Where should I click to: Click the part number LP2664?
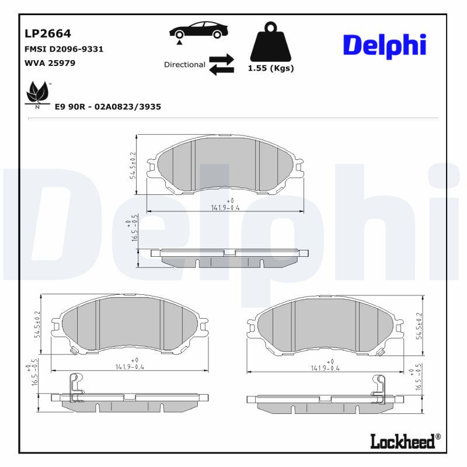[x=47, y=33]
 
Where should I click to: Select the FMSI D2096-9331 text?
[x=64, y=49]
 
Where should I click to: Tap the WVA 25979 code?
[x=50, y=62]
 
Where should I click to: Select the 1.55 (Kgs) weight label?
[x=271, y=68]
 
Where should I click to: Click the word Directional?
[x=184, y=65]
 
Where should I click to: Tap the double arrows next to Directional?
[x=221, y=65]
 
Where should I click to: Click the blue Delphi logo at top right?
[x=384, y=46]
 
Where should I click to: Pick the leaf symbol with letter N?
[x=39, y=94]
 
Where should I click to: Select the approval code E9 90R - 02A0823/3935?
[x=107, y=107]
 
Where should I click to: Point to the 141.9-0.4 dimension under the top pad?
[x=225, y=207]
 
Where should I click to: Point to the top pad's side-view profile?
[x=229, y=257]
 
